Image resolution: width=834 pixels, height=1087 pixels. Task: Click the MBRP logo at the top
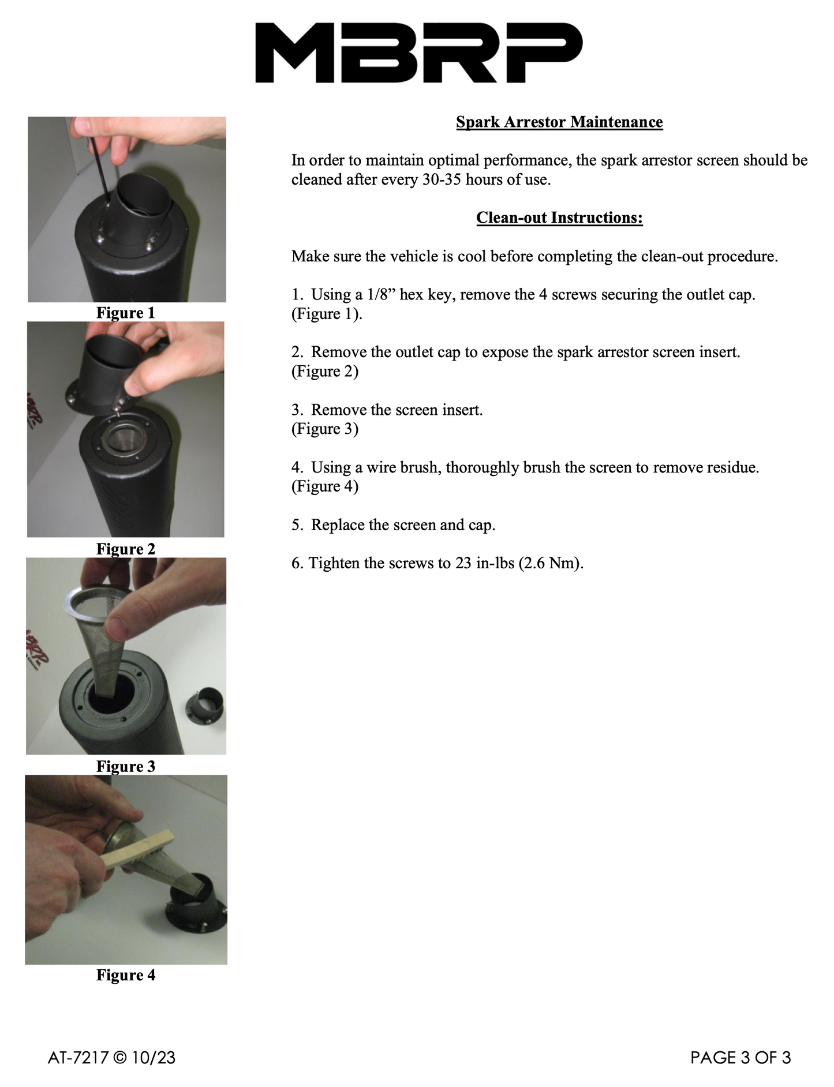pyautogui.click(x=419, y=53)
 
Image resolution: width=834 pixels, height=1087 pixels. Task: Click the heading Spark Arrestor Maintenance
pyautogui.click(x=559, y=122)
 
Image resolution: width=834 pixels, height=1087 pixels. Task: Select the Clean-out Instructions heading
pyautogui.click(x=559, y=218)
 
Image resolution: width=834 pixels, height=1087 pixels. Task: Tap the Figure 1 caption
pyautogui.click(x=126, y=313)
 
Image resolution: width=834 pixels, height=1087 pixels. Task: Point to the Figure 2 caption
pyautogui.click(x=126, y=549)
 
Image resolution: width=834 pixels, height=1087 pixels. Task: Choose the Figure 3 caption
pyautogui.click(x=126, y=766)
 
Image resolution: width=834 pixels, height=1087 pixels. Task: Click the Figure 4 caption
pyautogui.click(x=126, y=975)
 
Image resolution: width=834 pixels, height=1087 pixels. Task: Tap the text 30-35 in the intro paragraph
pyautogui.click(x=442, y=179)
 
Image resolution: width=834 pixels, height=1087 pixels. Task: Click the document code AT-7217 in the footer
pyautogui.click(x=78, y=1058)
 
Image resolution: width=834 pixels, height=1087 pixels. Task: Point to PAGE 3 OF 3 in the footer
pyautogui.click(x=741, y=1058)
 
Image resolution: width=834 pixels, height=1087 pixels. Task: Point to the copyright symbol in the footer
pyautogui.click(x=120, y=1058)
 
